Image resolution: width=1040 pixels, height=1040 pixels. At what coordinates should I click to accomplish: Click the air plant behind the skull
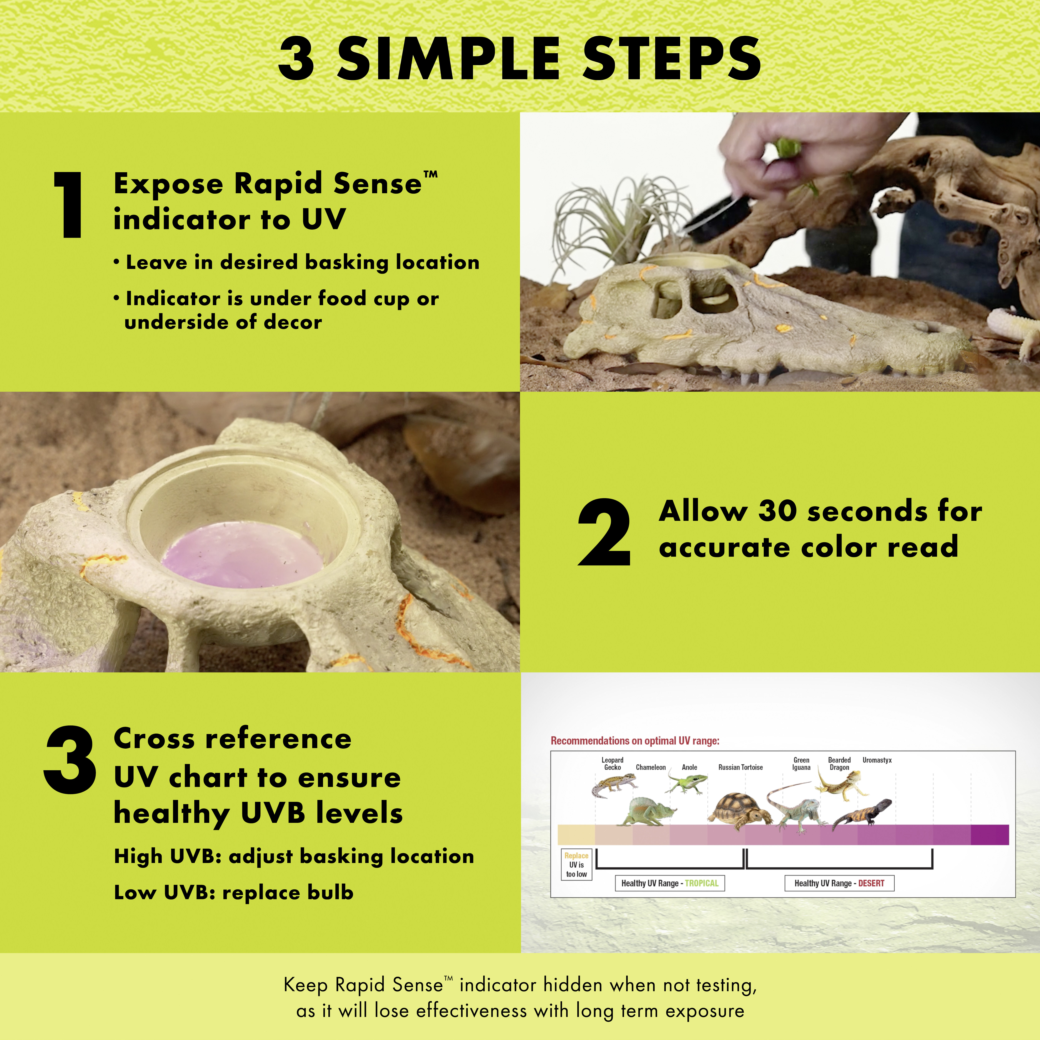click(x=608, y=215)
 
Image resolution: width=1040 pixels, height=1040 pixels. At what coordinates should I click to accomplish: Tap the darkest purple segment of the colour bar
click(x=989, y=834)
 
